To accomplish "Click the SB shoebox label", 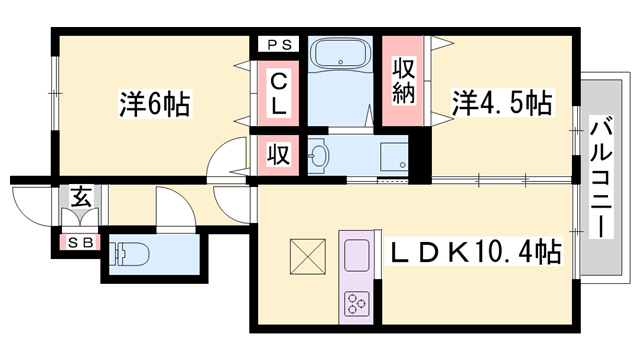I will click(76, 241).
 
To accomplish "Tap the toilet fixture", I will click(131, 254).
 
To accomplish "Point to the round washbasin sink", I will click(319, 155).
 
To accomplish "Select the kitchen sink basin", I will click(357, 256).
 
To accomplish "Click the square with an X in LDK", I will click(308, 256).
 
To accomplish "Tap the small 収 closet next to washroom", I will click(277, 155).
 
